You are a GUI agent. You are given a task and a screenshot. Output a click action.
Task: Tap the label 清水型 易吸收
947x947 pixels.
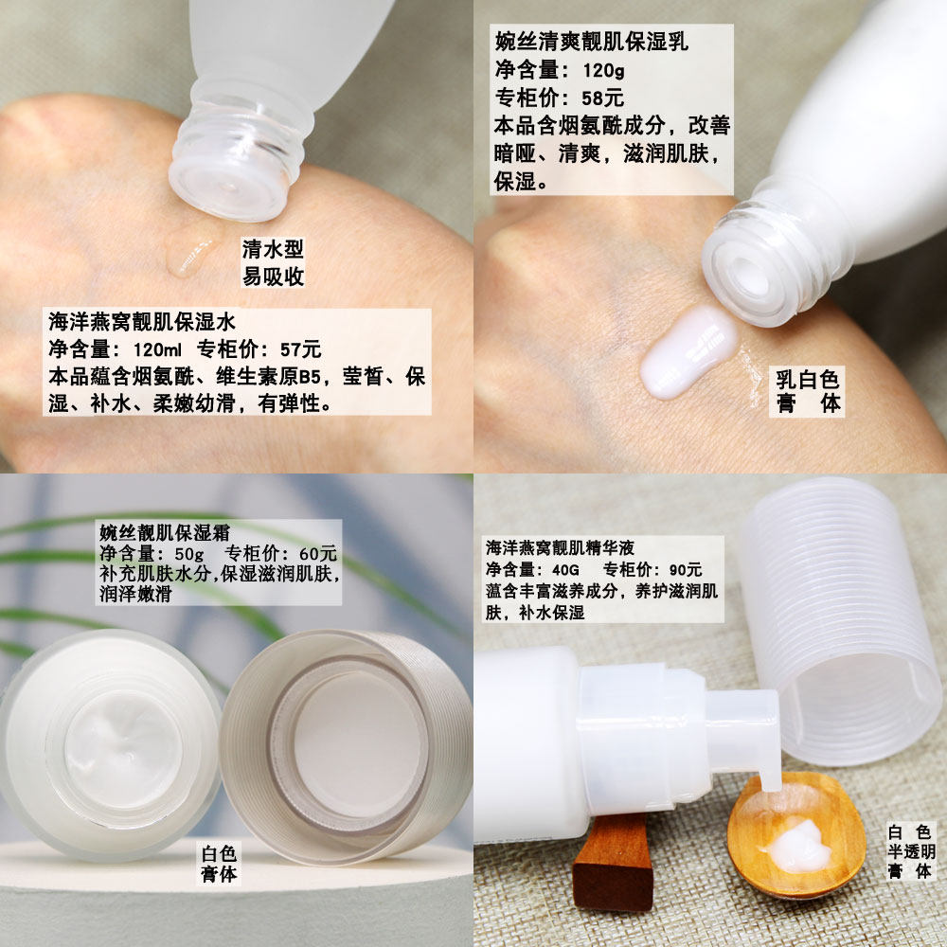[273, 262]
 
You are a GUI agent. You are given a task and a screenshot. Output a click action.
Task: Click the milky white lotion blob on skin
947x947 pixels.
[688, 350]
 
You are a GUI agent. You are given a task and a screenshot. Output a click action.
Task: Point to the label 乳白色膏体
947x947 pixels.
[808, 391]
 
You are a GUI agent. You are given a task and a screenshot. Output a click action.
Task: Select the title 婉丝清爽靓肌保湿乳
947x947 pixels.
[592, 42]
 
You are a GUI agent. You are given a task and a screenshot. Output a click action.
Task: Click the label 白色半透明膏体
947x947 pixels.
[911, 850]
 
